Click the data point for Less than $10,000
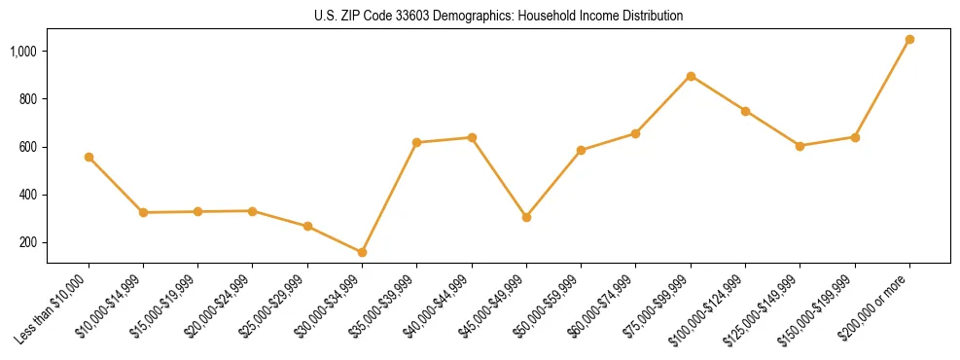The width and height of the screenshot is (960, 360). (89, 157)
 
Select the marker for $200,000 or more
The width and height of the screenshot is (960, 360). (909, 40)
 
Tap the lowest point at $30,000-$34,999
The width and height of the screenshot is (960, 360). (362, 252)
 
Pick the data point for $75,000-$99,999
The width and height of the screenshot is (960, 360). (691, 76)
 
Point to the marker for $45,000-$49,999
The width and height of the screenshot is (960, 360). (526, 217)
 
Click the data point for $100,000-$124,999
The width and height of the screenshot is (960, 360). (745, 111)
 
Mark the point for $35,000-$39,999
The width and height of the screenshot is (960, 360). (416, 142)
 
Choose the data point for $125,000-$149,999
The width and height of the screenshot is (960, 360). (800, 146)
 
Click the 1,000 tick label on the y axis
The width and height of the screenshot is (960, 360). (24, 51)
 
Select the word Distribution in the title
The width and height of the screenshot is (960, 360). (652, 17)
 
